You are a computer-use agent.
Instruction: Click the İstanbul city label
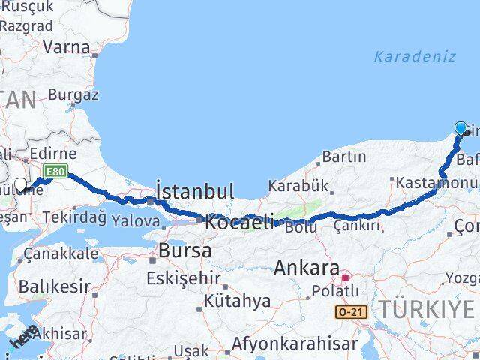(x=195, y=190)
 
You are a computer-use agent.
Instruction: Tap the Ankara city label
(x=307, y=267)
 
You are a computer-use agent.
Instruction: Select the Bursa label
(x=184, y=250)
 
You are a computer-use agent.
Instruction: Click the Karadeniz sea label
(x=415, y=55)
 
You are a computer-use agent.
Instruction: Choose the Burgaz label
(x=73, y=95)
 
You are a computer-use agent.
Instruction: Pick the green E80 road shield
(x=54, y=172)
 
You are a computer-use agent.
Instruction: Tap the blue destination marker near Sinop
(x=460, y=129)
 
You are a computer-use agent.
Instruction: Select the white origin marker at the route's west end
(x=20, y=184)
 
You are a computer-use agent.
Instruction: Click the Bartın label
(x=343, y=157)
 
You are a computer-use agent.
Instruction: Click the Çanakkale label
(x=60, y=253)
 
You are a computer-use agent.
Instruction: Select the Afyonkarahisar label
(x=295, y=344)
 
